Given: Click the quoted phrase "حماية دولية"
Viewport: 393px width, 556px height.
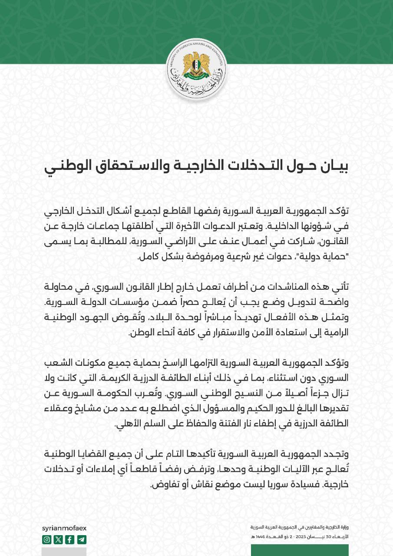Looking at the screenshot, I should (x=325, y=257).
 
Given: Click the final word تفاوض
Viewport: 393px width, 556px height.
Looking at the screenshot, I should (x=163, y=485).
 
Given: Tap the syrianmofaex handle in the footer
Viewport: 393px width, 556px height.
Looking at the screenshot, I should (x=65, y=528).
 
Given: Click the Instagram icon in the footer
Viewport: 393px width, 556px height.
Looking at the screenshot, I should (x=47, y=540).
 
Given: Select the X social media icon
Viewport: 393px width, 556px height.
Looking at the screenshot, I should (x=58, y=540).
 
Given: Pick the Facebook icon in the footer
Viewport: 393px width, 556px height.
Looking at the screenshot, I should (x=70, y=540).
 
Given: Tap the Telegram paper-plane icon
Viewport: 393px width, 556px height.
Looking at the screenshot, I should (x=82, y=540).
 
